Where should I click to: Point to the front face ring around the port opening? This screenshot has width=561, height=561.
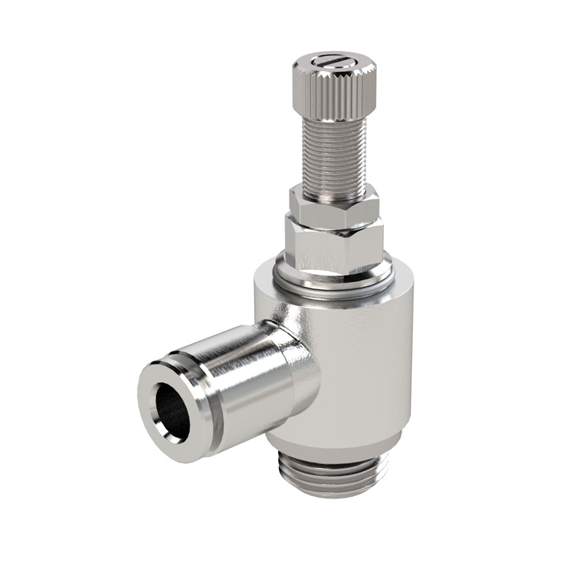pyautogui.click(x=152, y=393)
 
